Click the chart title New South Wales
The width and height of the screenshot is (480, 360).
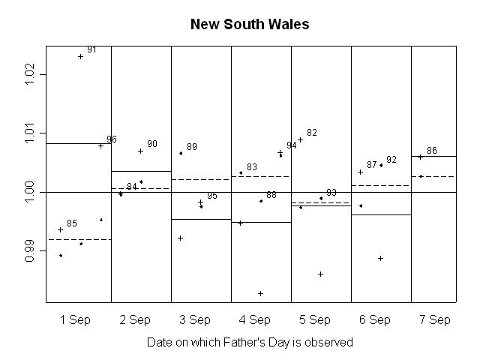[250, 24]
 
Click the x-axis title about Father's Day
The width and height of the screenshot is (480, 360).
[250, 342]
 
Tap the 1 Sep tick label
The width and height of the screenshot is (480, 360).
[75, 320]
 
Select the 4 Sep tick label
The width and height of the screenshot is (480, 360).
[255, 320]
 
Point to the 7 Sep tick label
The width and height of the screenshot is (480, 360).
[435, 320]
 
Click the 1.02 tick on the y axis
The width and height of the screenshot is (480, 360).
[31, 74]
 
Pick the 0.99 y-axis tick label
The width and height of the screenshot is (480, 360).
[31, 251]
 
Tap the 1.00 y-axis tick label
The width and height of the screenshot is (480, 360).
[31, 192]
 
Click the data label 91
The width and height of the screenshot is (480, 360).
[91, 49]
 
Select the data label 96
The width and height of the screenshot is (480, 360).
[112, 139]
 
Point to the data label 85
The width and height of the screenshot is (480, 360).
[72, 223]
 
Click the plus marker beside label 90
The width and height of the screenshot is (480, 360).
[140, 151]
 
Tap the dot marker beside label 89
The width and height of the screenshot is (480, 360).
[181, 153]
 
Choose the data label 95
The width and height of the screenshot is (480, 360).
[212, 196]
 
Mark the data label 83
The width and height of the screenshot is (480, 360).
[252, 167]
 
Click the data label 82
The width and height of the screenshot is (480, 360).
[312, 133]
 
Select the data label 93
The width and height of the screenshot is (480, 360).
[331, 193]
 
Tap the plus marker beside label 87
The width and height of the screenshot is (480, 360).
[360, 172]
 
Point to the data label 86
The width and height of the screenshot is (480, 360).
[432, 151]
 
